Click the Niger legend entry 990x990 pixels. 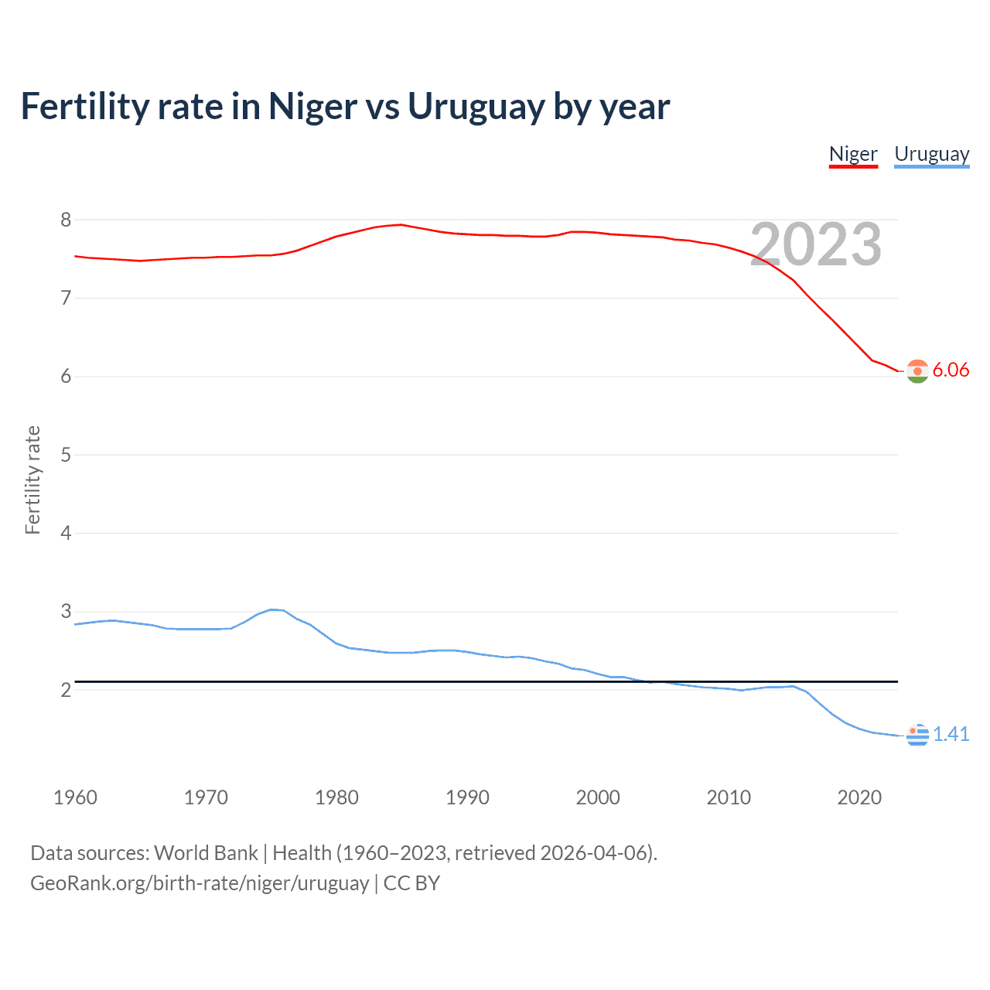(x=853, y=154)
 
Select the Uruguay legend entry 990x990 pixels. (x=931, y=154)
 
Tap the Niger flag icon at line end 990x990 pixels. (x=917, y=371)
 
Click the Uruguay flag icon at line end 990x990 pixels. (x=917, y=735)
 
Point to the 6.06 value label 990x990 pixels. (x=951, y=370)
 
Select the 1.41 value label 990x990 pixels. (x=951, y=734)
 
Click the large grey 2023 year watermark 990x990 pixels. (x=815, y=244)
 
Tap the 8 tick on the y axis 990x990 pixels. (x=66, y=220)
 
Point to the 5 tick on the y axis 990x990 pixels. (x=66, y=455)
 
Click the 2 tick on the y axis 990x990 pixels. (x=66, y=690)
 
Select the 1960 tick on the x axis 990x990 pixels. (x=75, y=797)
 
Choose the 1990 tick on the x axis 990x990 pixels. (x=467, y=797)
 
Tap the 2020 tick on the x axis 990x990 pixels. (x=859, y=797)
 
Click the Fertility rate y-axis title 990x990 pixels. (x=32, y=480)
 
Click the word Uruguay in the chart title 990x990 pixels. (x=476, y=106)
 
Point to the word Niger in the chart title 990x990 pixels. (x=312, y=106)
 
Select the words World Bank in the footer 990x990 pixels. (x=206, y=853)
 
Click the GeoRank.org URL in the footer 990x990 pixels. (x=200, y=883)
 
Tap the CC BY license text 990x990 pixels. (x=411, y=883)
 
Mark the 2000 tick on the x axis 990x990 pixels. (x=598, y=797)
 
